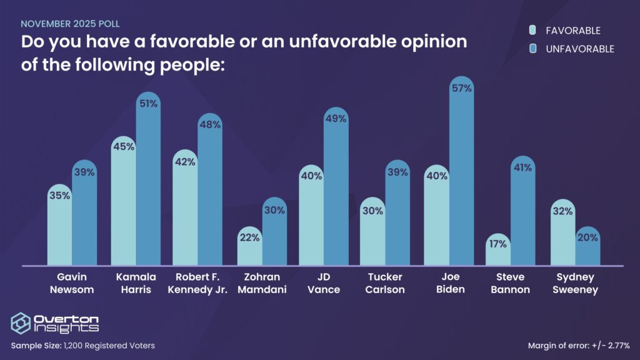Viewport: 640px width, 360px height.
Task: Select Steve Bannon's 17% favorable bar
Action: coord(498,253)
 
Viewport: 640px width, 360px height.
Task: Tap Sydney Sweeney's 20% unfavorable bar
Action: coord(587,250)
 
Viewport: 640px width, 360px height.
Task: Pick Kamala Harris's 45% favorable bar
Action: coord(123,206)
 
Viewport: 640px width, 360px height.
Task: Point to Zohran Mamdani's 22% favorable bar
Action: coord(249,250)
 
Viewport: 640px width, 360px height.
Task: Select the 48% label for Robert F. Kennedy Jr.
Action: coord(210,124)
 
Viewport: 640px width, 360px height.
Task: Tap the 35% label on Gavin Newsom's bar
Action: coord(60,195)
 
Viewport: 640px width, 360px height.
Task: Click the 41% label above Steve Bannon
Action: coord(523,167)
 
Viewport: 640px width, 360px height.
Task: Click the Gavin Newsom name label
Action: coord(72,283)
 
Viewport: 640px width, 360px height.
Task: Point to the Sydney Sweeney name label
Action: coord(575,283)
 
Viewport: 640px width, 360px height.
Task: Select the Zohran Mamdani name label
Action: coord(262,283)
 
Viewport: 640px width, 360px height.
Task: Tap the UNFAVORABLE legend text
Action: coord(579,49)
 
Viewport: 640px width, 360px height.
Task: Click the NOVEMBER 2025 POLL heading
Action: coord(70,24)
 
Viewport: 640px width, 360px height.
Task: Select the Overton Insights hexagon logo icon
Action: coord(21,322)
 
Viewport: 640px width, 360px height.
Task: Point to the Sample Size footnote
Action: coord(82,345)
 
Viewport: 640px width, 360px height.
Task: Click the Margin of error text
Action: coord(577,345)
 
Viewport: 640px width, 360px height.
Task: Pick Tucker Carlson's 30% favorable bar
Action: coord(372,234)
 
